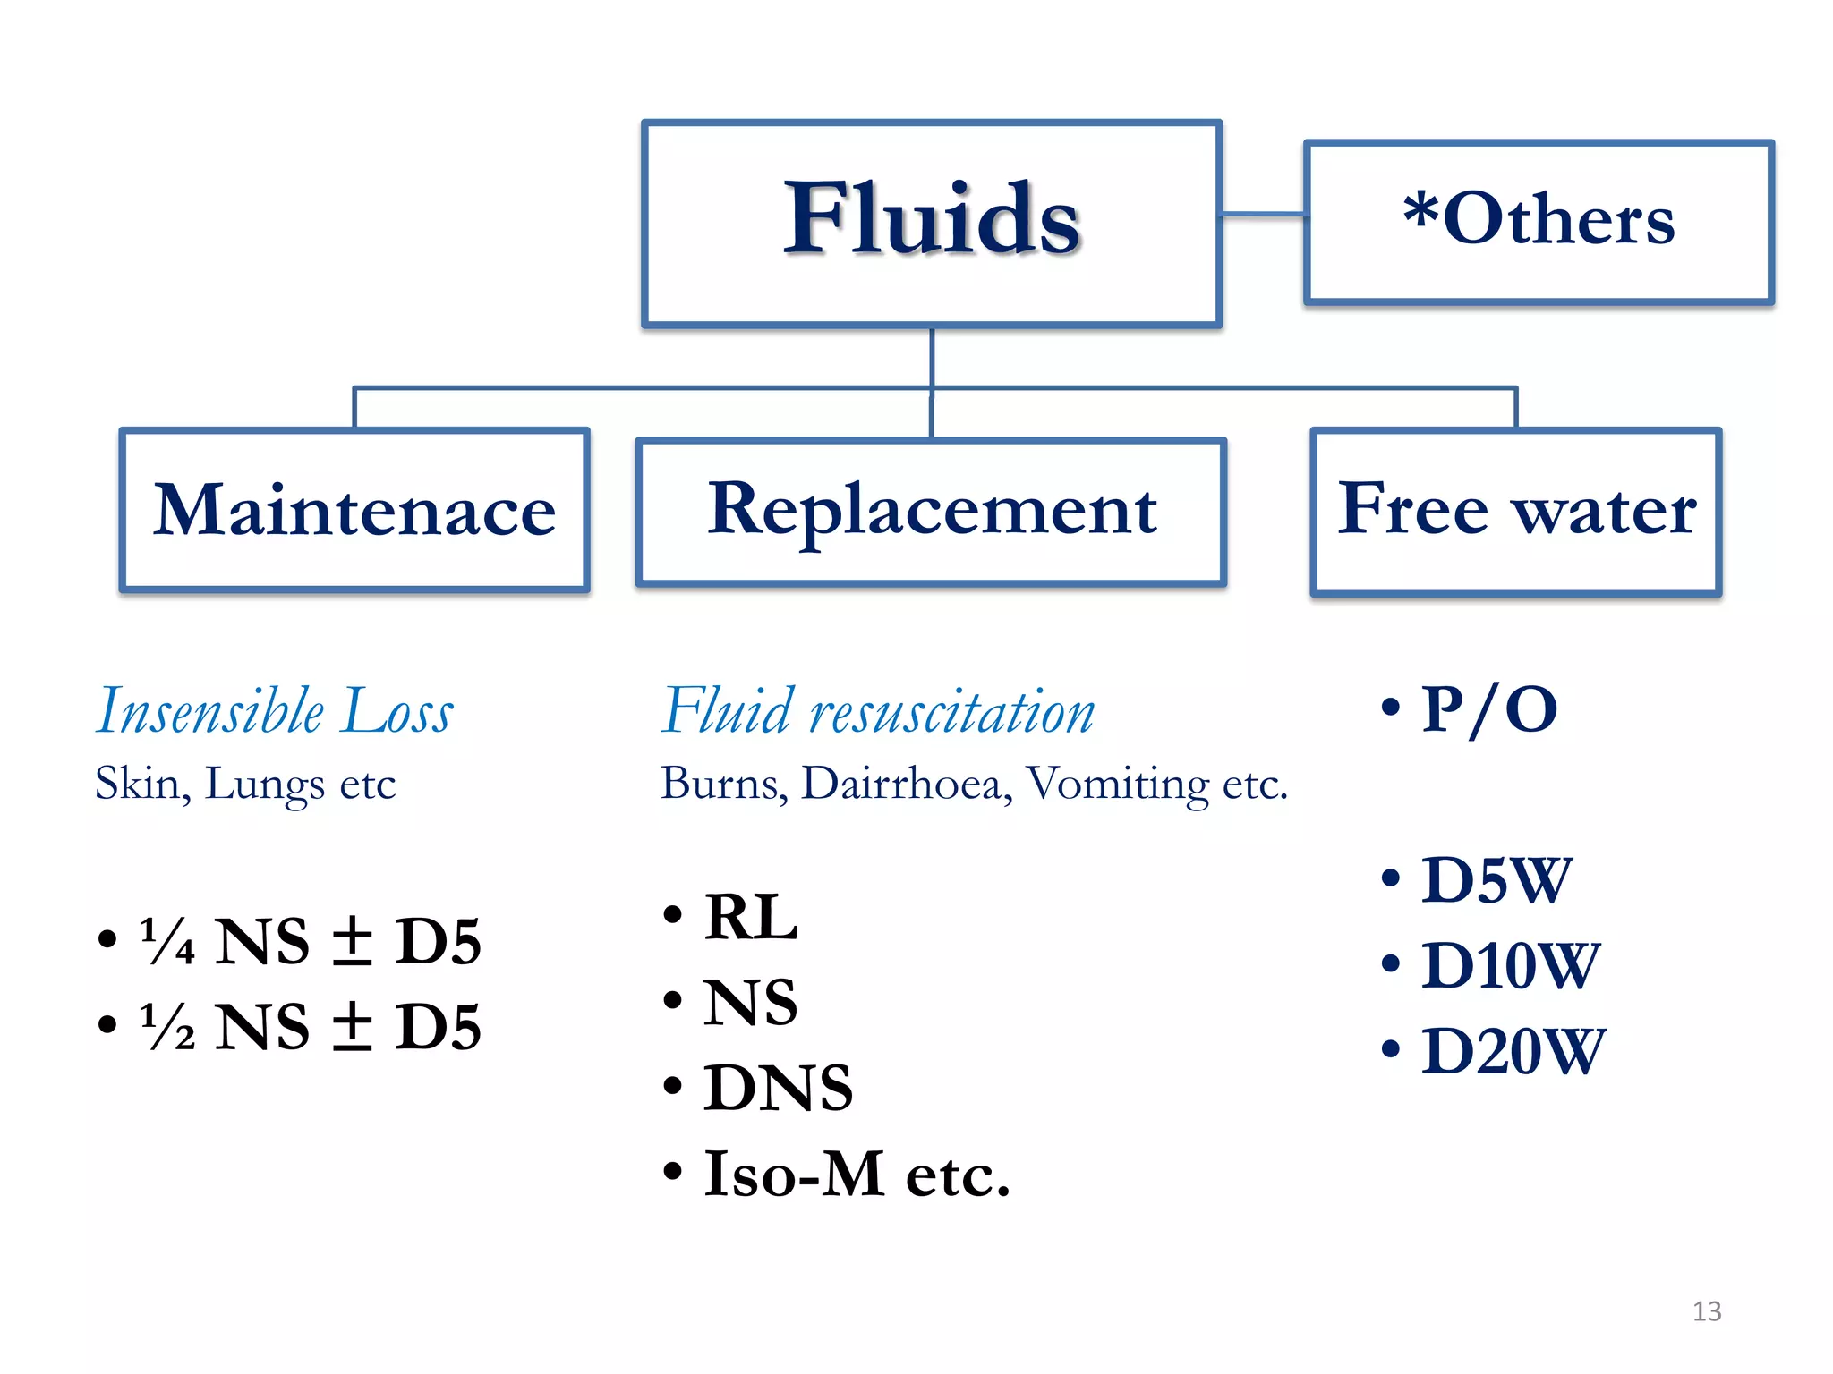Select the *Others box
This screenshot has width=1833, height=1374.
pyautogui.click(x=1539, y=222)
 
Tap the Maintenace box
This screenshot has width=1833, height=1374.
pyautogui.click(x=354, y=510)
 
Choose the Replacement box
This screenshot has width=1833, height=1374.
pyautogui.click(x=931, y=510)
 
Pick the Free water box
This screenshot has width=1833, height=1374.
pyautogui.click(x=1516, y=510)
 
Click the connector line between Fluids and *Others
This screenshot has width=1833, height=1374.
pyautogui.click(x=1263, y=215)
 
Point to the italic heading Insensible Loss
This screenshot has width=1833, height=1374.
pyautogui.click(x=275, y=712)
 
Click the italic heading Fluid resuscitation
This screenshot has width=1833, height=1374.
pyautogui.click(x=877, y=712)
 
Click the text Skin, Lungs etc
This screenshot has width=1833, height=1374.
pyautogui.click(x=245, y=784)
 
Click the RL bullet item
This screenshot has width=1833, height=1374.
pyautogui.click(x=750, y=918)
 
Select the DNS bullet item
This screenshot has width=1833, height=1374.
pyautogui.click(x=777, y=1089)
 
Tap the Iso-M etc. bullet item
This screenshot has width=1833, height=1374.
pyautogui.click(x=856, y=1174)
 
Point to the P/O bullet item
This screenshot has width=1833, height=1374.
pyautogui.click(x=1488, y=710)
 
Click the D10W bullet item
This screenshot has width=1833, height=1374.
pyautogui.click(x=1509, y=966)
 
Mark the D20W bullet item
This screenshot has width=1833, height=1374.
pyautogui.click(x=1513, y=1051)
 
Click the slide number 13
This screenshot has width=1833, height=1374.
pyautogui.click(x=1707, y=1311)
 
